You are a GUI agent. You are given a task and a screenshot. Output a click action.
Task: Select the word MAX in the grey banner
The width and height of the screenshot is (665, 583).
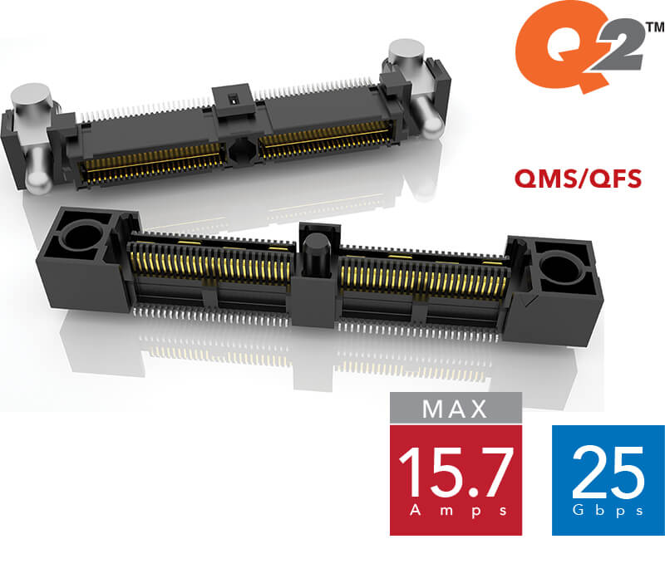(x=456, y=409)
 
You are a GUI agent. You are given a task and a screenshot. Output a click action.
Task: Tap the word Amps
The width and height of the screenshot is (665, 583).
(x=455, y=512)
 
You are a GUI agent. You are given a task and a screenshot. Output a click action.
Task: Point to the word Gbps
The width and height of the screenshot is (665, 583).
(x=608, y=511)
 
